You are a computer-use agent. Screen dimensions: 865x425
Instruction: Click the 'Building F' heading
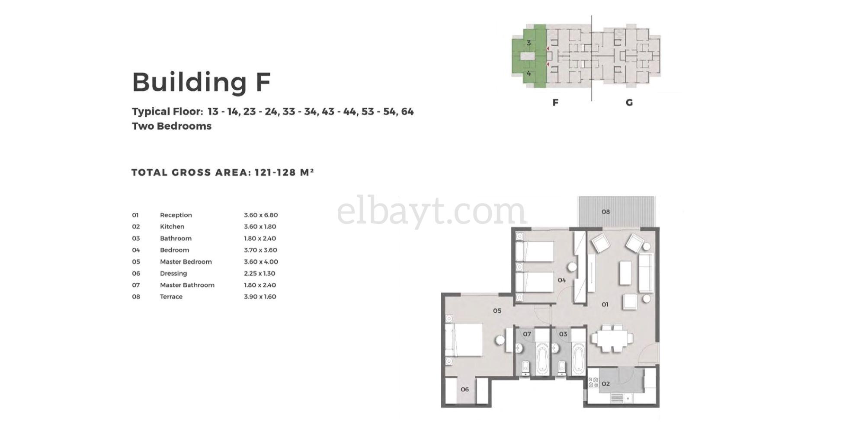[x=201, y=82]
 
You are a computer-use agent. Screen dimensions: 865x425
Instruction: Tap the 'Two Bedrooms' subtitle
[x=172, y=126]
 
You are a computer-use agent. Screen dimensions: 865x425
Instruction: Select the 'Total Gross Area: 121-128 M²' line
[x=223, y=173]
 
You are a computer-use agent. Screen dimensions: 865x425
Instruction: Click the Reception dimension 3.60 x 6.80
[x=261, y=215]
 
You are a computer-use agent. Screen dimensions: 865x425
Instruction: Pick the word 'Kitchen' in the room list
[x=172, y=227]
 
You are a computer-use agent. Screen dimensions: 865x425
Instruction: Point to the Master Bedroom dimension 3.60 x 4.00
[x=261, y=262]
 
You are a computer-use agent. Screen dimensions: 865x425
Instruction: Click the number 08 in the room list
[x=136, y=297]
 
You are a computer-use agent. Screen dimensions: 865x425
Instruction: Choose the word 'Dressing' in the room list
[x=173, y=273]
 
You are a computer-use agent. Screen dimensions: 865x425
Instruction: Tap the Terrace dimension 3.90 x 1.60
[x=260, y=297]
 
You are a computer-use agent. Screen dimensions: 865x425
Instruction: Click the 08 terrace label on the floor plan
[x=605, y=212]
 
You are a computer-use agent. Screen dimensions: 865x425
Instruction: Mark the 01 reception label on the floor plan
[x=605, y=304]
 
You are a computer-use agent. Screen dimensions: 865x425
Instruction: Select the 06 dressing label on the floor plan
[x=465, y=389]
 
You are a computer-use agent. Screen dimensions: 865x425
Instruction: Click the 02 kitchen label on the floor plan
[x=605, y=383]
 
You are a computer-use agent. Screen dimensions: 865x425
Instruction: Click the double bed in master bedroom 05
[x=464, y=340]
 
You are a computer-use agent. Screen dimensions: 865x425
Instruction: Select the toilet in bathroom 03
[x=561, y=367]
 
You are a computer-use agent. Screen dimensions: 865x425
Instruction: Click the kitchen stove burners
[x=593, y=382]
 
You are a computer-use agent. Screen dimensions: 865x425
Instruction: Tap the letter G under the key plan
[x=629, y=102]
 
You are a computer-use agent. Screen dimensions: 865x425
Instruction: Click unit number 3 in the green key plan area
[x=529, y=43]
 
